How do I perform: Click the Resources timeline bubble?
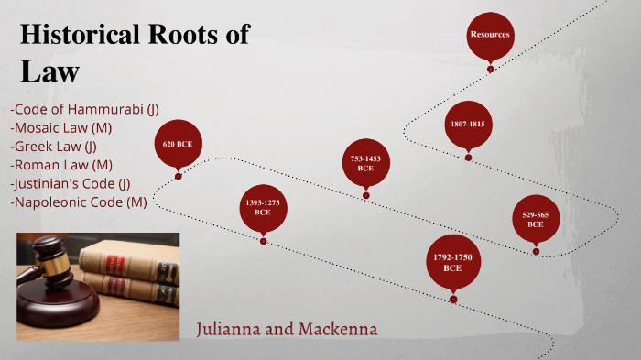tap(490, 35)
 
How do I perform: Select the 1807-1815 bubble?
tap(467, 124)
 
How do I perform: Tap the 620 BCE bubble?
tap(178, 144)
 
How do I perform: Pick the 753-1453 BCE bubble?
tap(365, 163)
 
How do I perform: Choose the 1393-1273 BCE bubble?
tap(263, 206)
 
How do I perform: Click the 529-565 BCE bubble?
tap(536, 219)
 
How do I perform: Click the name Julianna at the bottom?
tap(233, 328)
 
